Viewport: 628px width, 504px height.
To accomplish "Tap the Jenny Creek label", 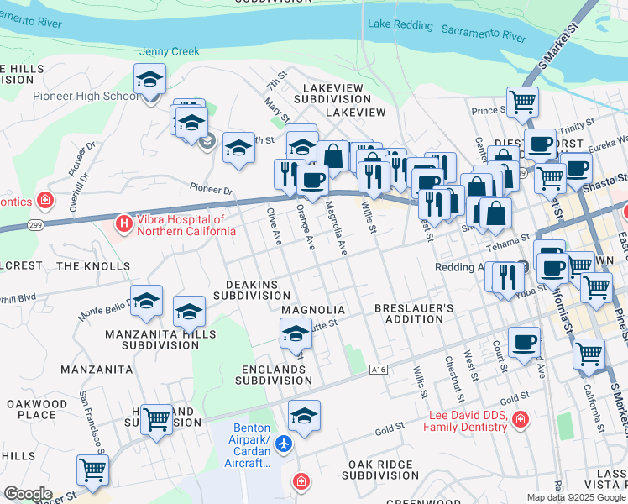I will tap(170, 52).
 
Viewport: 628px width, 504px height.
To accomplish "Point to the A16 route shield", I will tap(379, 369).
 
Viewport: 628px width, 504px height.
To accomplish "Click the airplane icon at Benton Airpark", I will tap(285, 443).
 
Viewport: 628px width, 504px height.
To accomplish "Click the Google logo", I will tap(28, 493).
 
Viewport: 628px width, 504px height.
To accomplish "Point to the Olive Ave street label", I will tap(274, 225).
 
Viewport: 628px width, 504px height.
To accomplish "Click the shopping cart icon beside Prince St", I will tap(522, 102).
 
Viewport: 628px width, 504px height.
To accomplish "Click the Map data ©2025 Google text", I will tap(575, 497).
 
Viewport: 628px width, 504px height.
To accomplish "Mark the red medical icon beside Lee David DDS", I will tap(521, 418).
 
